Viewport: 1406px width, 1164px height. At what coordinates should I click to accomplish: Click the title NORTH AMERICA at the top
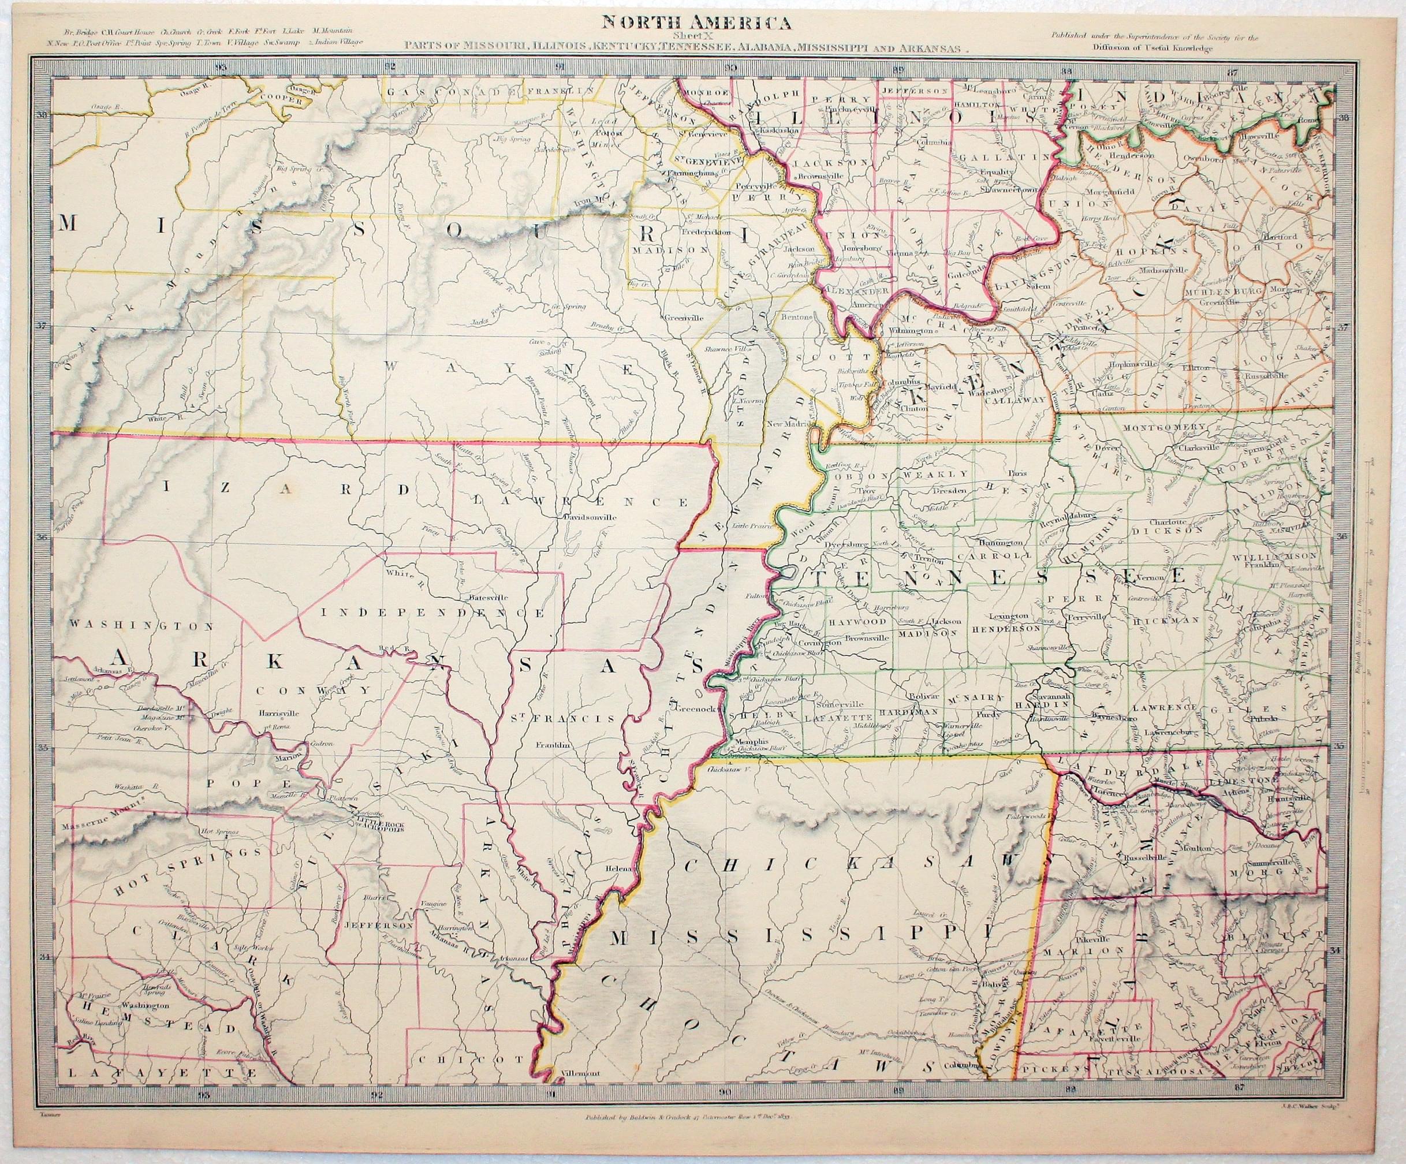coord(696,23)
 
